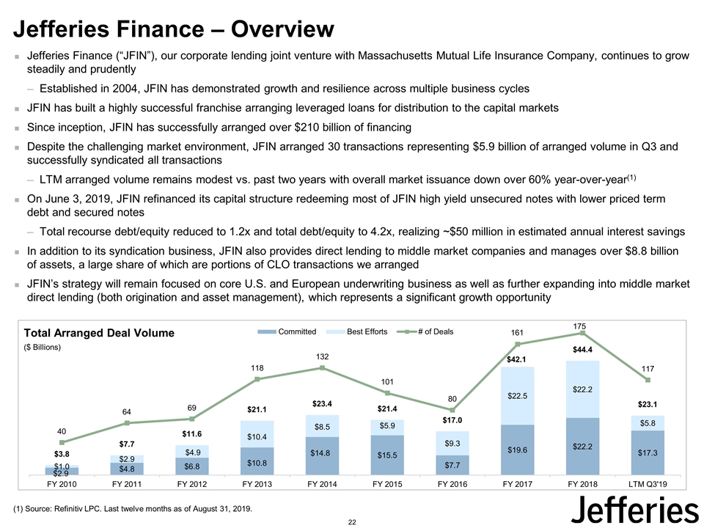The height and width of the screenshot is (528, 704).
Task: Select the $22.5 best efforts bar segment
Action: point(518,396)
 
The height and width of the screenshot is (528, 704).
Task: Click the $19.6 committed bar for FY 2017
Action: point(518,450)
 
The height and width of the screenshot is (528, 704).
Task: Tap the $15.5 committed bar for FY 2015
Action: point(387,455)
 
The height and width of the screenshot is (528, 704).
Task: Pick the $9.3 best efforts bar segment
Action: point(452,443)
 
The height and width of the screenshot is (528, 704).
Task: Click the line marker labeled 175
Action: point(583,333)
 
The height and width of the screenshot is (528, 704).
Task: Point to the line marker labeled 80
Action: point(452,410)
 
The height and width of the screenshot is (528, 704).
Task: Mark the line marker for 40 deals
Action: point(62,442)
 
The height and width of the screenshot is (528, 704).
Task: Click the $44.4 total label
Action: point(582,351)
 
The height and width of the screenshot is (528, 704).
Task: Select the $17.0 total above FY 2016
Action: point(452,420)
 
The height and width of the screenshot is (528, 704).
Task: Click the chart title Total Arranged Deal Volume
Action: point(100,333)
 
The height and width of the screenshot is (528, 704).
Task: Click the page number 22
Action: point(352,521)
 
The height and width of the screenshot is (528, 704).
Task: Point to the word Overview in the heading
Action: point(282,29)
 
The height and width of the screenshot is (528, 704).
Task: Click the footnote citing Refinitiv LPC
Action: point(132,509)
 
